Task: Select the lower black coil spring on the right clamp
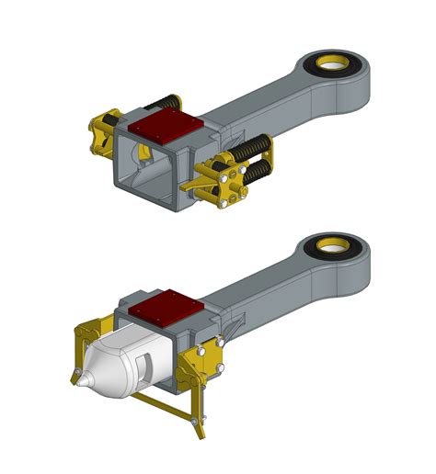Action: pos(254,173)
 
